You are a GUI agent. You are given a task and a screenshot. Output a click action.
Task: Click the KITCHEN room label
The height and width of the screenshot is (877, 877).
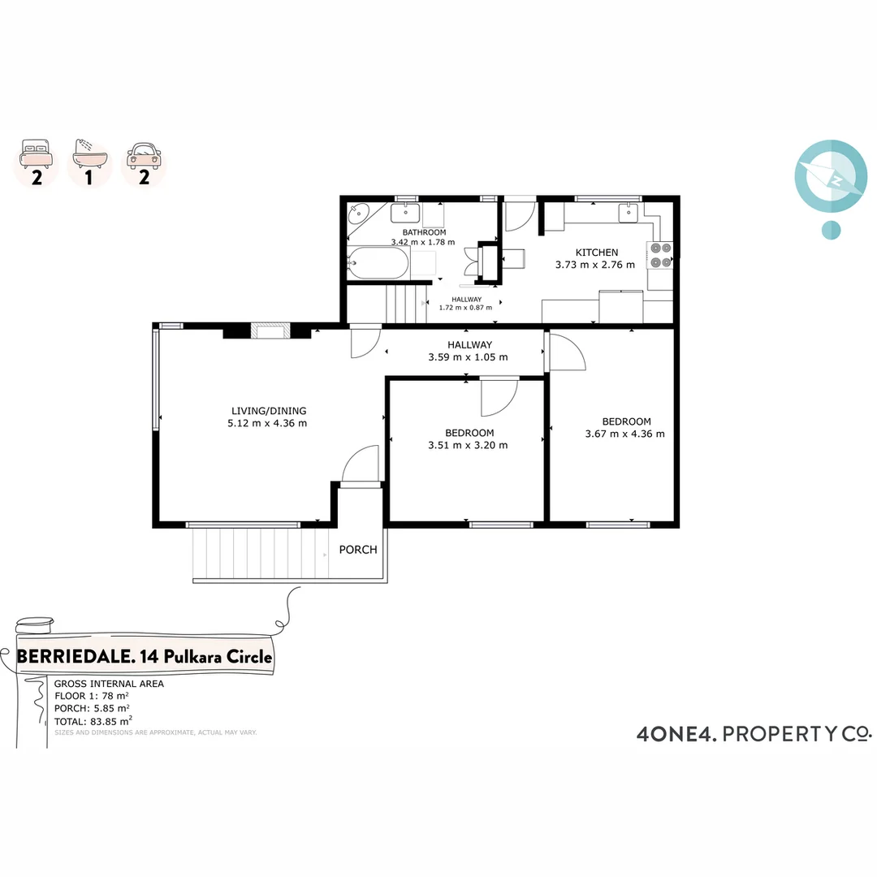coord(597,253)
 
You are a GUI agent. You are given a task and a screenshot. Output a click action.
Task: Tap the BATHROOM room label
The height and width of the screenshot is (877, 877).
coord(418,232)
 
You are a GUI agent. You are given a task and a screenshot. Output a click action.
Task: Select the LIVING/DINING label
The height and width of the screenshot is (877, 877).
coord(269,411)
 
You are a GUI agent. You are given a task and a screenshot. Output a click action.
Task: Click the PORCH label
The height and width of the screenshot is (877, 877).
coord(358,550)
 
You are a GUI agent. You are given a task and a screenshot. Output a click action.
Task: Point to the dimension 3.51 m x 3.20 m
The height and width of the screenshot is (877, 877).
coord(468,445)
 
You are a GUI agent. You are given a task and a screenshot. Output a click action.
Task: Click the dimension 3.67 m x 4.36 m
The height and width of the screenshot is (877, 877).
coord(624,434)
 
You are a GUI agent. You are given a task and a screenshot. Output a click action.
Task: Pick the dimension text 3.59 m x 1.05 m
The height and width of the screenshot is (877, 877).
coord(468,357)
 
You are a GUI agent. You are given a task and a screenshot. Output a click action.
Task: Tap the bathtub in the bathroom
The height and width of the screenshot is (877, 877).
coord(378,263)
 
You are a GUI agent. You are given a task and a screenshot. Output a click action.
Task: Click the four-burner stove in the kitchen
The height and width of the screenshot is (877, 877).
coord(660,255)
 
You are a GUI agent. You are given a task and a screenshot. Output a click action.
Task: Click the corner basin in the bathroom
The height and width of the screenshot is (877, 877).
coord(358,215)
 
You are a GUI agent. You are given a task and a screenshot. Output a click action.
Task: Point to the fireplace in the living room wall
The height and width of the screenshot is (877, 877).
coord(268,330)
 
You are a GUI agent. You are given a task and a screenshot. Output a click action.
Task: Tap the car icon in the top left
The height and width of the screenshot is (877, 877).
coord(144,153)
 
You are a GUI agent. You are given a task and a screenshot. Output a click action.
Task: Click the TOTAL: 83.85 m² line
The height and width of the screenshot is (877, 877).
coord(93,720)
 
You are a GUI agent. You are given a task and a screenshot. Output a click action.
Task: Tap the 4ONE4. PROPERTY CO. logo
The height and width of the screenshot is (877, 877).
coord(753,734)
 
